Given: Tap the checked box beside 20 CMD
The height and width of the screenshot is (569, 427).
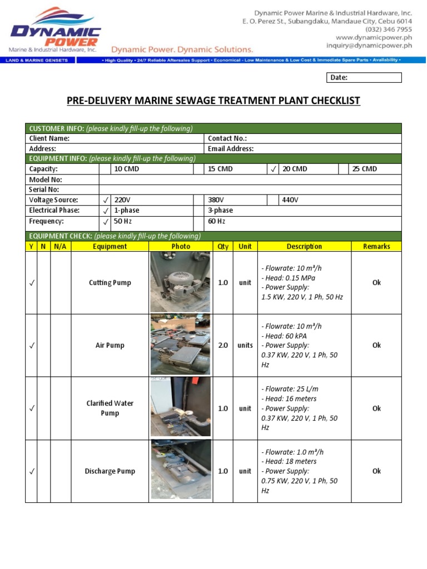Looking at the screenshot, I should (x=273, y=169).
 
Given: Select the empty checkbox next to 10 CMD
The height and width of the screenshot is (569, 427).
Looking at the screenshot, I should (x=105, y=169).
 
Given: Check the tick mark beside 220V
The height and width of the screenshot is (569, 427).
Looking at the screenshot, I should (x=105, y=200).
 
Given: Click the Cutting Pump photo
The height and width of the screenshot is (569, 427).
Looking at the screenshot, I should (x=180, y=282).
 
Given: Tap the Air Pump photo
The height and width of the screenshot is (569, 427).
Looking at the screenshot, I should (x=180, y=345).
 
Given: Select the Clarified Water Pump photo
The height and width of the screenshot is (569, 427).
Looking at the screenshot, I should (x=180, y=407).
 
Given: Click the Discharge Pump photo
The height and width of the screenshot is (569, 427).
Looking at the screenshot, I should (x=180, y=470).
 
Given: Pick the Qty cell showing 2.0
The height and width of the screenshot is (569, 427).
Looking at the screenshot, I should (x=223, y=345).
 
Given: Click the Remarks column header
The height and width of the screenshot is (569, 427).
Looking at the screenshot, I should (x=376, y=246).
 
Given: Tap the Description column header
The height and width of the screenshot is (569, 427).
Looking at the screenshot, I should (x=304, y=246).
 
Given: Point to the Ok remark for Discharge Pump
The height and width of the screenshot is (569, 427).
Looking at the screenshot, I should (x=376, y=471).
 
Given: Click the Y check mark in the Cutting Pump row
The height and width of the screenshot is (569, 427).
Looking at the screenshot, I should (x=31, y=283).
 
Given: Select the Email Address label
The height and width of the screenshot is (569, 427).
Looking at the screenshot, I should (x=230, y=149).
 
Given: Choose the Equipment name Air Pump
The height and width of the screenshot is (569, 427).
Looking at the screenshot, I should (x=110, y=345).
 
